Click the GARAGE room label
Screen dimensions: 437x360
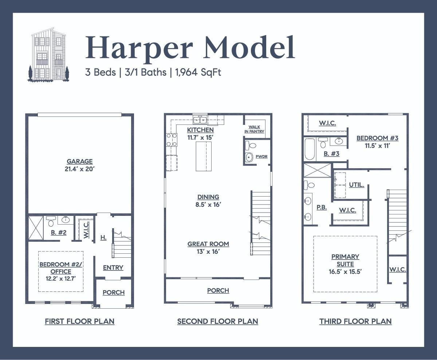click(x=79, y=162)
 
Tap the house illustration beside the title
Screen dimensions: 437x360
click(x=48, y=54)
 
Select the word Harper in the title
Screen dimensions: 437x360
click(x=139, y=48)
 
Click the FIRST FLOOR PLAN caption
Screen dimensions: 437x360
click(x=79, y=321)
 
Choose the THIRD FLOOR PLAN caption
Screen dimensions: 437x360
click(x=355, y=321)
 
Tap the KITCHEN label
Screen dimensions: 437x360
click(x=200, y=130)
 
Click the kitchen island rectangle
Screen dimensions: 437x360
click(x=204, y=156)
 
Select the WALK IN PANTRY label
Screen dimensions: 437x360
click(x=254, y=129)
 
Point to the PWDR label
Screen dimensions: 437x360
click(x=261, y=157)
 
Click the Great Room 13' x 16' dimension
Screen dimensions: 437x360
click(x=208, y=252)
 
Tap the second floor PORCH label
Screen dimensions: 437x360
click(x=218, y=290)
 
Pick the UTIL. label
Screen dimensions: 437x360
click(x=357, y=185)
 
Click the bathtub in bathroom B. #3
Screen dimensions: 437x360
click(x=310, y=149)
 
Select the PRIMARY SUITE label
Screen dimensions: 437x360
click(x=345, y=260)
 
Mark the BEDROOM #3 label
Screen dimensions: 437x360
click(x=377, y=138)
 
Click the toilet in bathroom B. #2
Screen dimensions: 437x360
click(x=51, y=221)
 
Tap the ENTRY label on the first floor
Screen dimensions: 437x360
click(x=113, y=268)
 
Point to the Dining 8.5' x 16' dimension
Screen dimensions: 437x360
click(x=208, y=205)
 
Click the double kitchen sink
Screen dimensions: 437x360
click(x=200, y=120)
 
